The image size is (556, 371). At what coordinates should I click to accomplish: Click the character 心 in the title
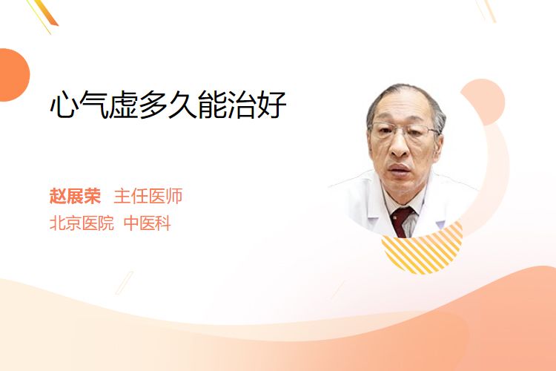pos(64,105)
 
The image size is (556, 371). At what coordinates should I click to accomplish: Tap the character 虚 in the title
pos(123,105)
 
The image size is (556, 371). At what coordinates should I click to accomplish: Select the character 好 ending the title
pos(272,105)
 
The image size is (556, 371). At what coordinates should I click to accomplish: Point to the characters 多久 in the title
pos(168,105)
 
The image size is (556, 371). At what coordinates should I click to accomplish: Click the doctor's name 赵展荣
pos(75,196)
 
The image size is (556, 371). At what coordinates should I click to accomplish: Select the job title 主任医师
pos(148,196)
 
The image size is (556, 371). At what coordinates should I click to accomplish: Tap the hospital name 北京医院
pos(82,223)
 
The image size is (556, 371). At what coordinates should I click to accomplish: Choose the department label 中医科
pos(148,223)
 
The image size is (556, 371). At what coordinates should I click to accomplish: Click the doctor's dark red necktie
pos(402,221)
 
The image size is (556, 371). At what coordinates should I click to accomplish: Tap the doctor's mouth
pos(400,169)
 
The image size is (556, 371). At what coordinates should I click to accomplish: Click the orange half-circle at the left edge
pos(14,75)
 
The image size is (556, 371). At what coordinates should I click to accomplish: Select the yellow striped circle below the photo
pos(423,249)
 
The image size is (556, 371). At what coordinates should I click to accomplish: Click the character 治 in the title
pos(242,105)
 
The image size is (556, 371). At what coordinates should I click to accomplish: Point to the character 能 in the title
pos(213,105)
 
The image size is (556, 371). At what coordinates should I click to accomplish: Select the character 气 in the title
pos(93,105)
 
